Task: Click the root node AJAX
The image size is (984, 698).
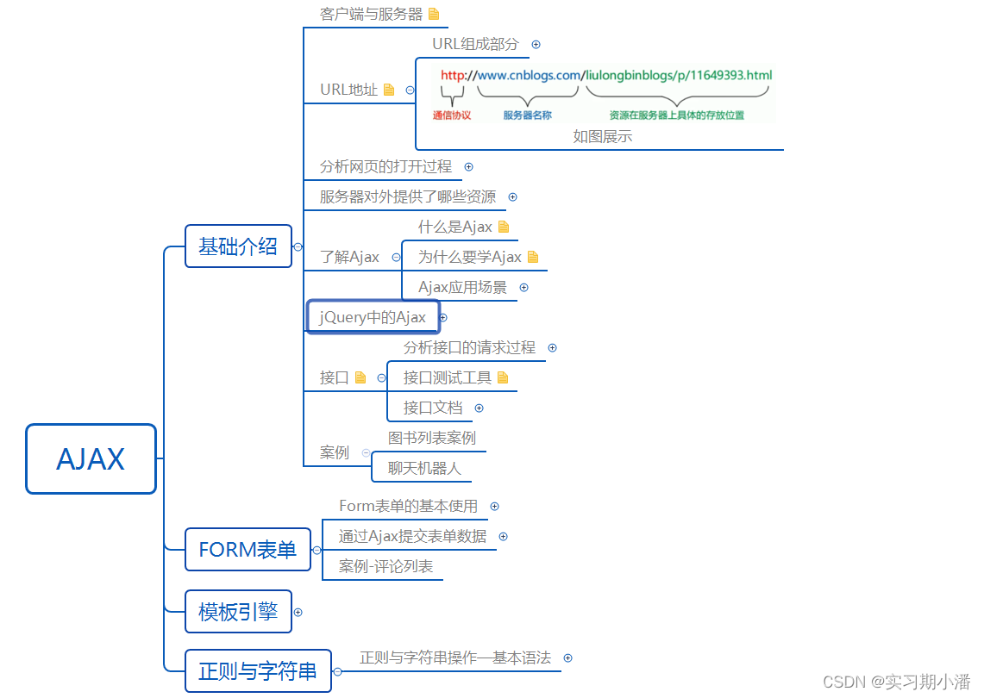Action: point(91,458)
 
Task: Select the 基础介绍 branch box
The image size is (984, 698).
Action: point(238,246)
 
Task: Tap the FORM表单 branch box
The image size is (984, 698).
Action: point(248,550)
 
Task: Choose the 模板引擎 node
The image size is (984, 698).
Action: point(238,612)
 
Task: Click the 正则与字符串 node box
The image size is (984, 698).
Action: point(258,671)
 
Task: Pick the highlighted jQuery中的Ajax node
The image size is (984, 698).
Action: point(373,317)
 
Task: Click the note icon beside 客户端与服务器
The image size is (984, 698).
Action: point(434,14)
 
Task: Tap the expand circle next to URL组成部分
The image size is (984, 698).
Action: point(536,44)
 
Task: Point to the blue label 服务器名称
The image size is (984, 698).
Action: point(527,115)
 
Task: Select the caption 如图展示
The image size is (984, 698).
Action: point(602,136)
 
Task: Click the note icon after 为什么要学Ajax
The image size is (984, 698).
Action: point(532,257)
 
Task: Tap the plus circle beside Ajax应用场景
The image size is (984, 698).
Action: point(523,288)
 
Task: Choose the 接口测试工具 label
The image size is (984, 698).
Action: point(447,377)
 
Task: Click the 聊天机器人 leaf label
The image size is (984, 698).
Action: point(424,468)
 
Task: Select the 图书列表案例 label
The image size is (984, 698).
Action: point(431,438)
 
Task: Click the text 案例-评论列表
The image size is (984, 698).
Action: point(385,566)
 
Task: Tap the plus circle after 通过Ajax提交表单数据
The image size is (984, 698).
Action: point(504,536)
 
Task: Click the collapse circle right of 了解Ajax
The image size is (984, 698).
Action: point(396,257)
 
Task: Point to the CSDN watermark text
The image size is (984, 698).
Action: point(897,682)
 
